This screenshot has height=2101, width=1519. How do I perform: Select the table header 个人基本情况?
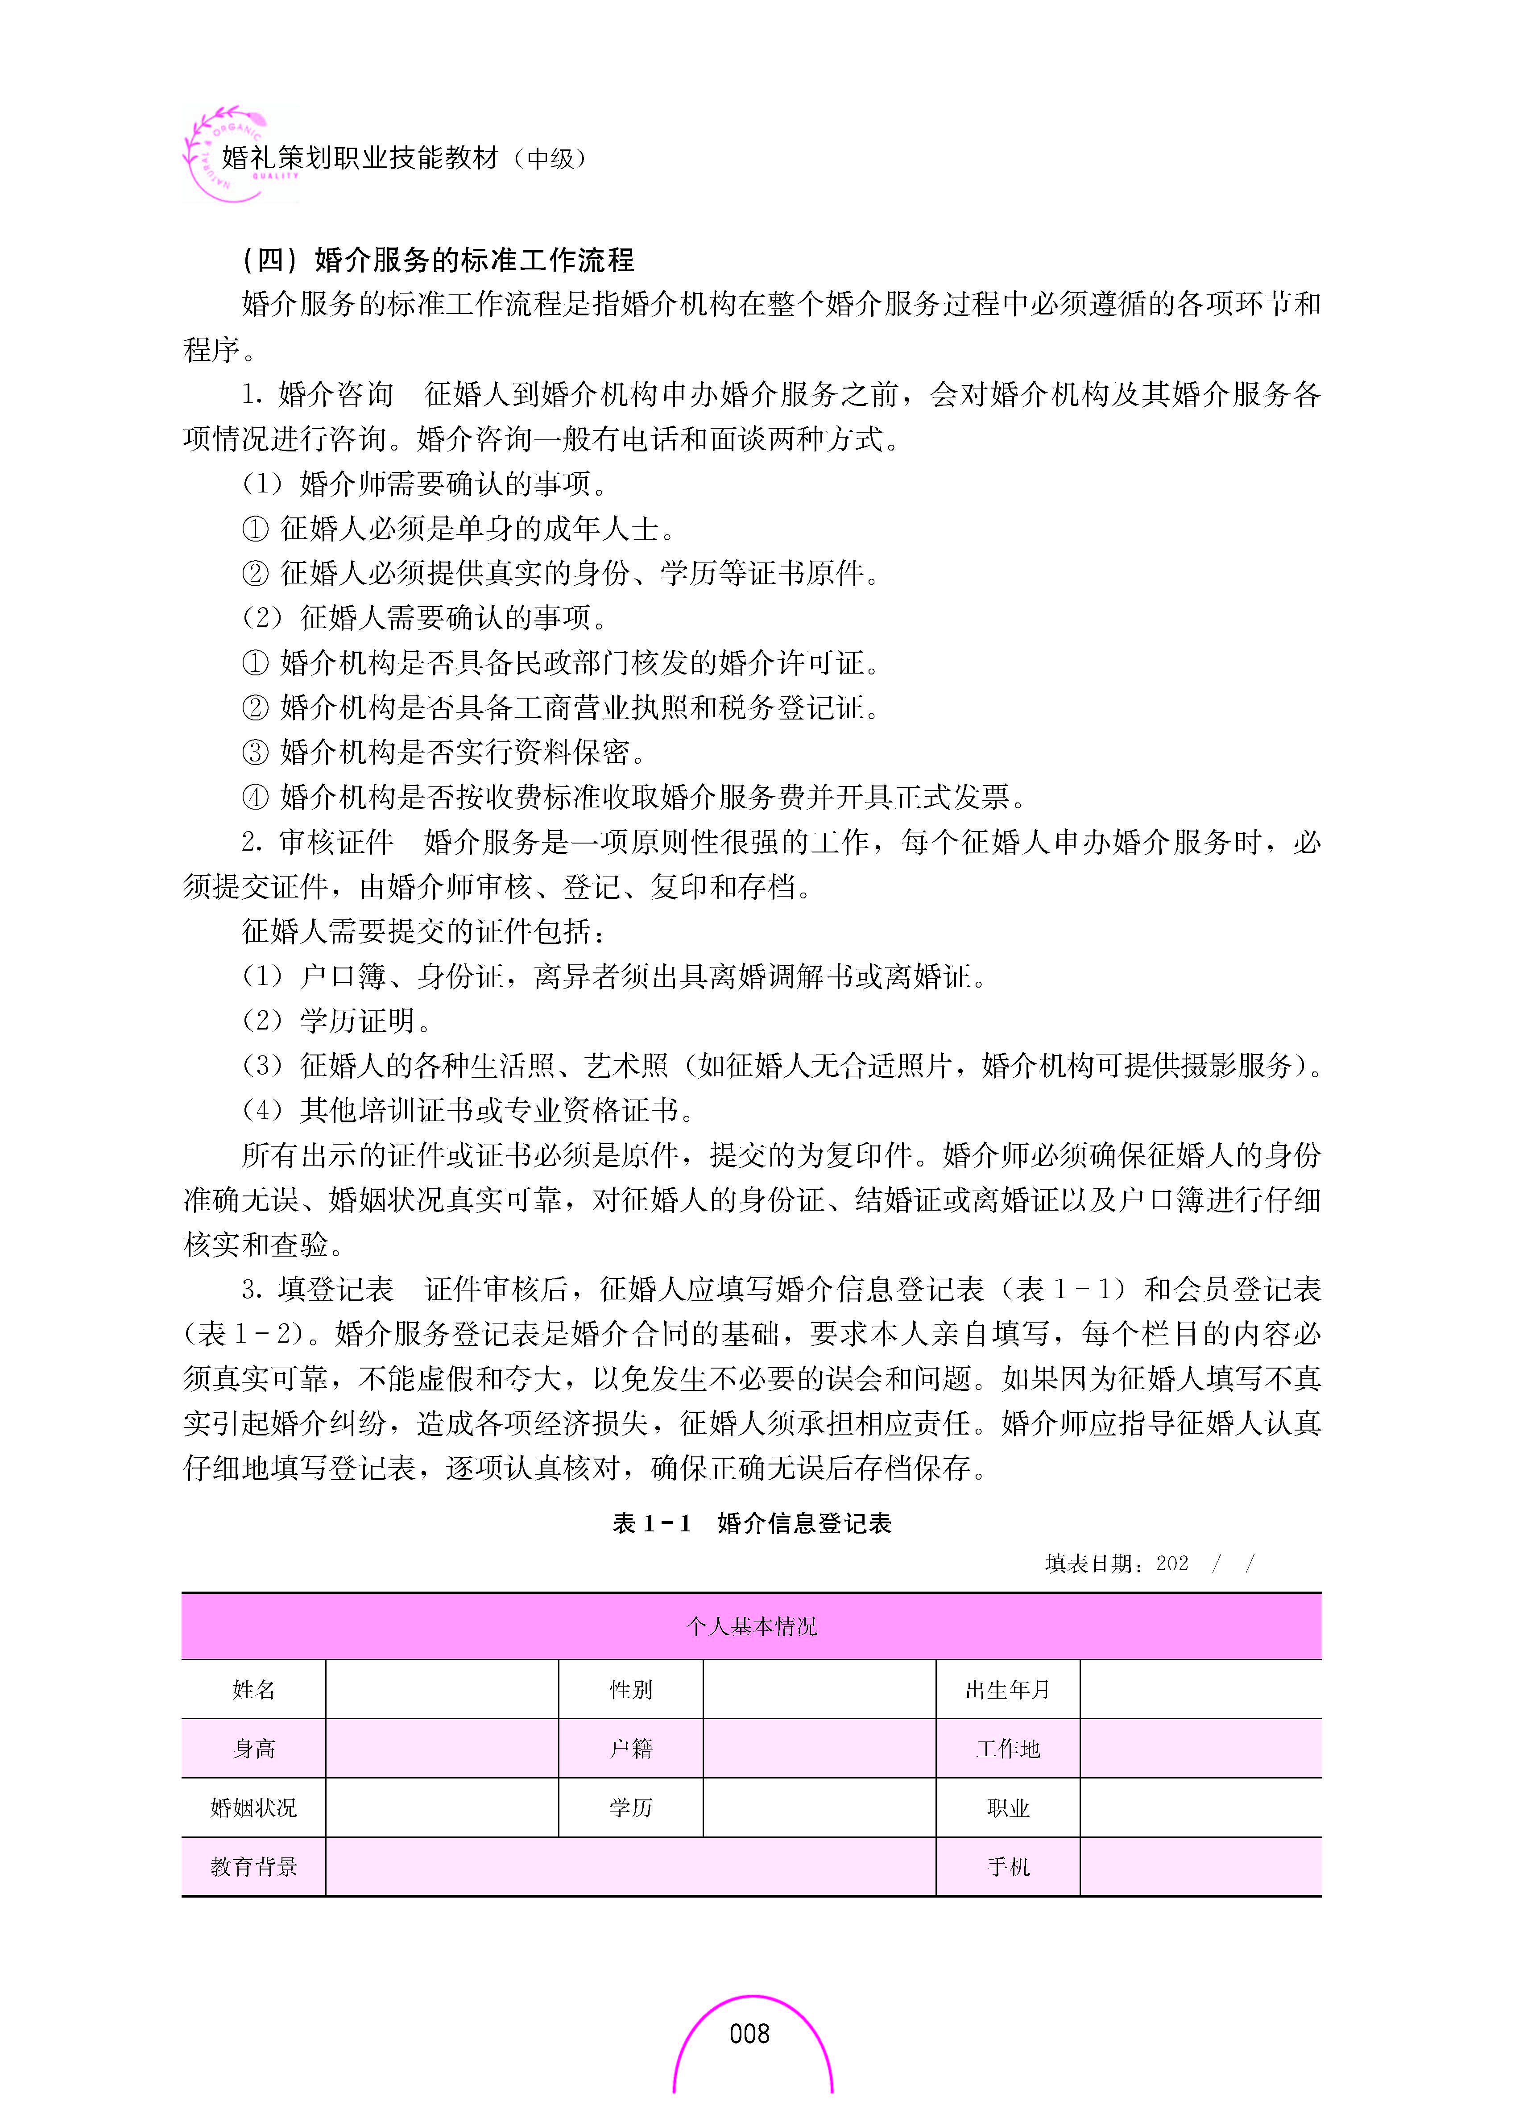(x=751, y=1626)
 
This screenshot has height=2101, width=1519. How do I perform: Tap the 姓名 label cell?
(x=254, y=1690)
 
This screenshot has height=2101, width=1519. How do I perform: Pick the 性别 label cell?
(x=631, y=1690)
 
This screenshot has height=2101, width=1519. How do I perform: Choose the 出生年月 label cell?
(x=1008, y=1690)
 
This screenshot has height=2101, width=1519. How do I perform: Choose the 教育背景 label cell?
(x=254, y=1867)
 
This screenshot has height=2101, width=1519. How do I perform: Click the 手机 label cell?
(x=1008, y=1867)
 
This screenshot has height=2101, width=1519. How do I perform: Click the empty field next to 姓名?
(x=442, y=1690)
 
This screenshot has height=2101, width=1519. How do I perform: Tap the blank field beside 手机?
(x=1200, y=1867)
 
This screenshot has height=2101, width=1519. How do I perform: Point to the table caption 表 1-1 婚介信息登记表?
(x=751, y=1524)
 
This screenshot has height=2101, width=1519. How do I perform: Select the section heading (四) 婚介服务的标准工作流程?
(x=438, y=261)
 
